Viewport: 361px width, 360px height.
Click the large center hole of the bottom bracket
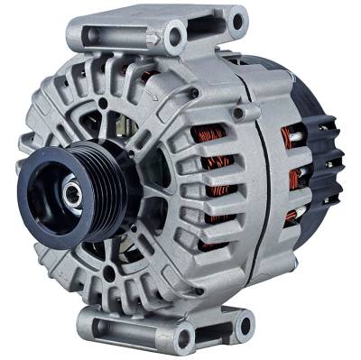[186, 337]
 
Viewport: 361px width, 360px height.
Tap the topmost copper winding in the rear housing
[291, 137]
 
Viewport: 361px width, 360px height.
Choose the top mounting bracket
[162, 32]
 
